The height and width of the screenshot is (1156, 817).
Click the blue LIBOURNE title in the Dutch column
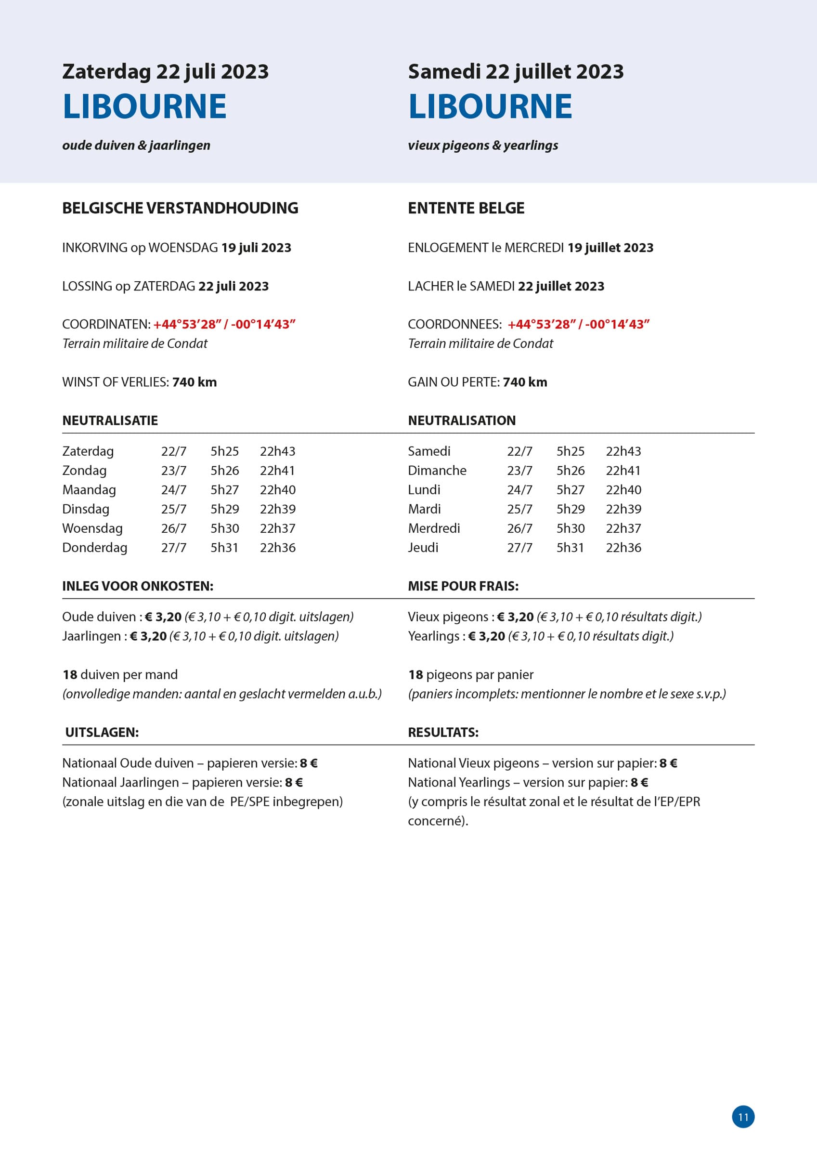pyautogui.click(x=144, y=106)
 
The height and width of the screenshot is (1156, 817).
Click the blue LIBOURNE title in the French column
pyautogui.click(x=490, y=106)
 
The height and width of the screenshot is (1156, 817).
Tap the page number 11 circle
pyautogui.click(x=743, y=1117)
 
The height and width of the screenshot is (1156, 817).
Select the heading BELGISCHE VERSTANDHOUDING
pyautogui.click(x=180, y=208)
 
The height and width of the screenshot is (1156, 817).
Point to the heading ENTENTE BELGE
pyautogui.click(x=466, y=208)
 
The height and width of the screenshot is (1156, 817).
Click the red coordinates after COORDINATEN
pyautogui.click(x=224, y=324)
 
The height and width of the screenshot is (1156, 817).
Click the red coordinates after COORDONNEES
pyautogui.click(x=578, y=324)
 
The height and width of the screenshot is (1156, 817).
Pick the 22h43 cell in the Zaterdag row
pyautogui.click(x=277, y=451)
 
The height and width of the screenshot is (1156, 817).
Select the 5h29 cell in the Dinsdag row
pyautogui.click(x=224, y=509)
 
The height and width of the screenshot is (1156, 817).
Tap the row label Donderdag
pyautogui.click(x=95, y=548)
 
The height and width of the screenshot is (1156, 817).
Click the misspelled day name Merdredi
pyautogui.click(x=433, y=528)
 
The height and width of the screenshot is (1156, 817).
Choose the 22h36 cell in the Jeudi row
pyautogui.click(x=623, y=548)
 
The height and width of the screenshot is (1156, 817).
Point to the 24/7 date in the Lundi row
pyautogui.click(x=519, y=490)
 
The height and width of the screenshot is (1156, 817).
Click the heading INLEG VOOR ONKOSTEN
pyautogui.click(x=137, y=586)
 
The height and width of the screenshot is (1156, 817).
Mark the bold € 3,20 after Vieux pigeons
pyautogui.click(x=515, y=617)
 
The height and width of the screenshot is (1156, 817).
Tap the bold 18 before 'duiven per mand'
pyautogui.click(x=69, y=675)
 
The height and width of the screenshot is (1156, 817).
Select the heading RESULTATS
pyautogui.click(x=443, y=732)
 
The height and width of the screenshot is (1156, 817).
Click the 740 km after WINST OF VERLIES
pyautogui.click(x=195, y=382)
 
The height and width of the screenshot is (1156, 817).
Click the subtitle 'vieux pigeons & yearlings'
pyautogui.click(x=483, y=145)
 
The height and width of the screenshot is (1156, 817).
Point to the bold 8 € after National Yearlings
pyautogui.click(x=639, y=782)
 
